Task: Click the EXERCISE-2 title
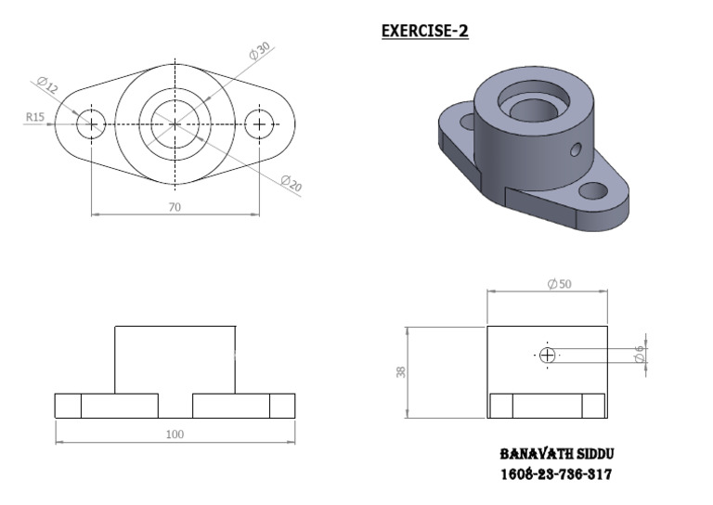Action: point(425,32)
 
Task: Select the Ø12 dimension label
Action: point(47,87)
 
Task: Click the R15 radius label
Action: point(35,117)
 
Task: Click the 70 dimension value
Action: point(174,207)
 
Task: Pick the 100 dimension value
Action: point(175,434)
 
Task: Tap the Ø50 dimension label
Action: point(560,284)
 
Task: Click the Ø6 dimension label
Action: point(639,354)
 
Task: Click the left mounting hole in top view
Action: point(91,123)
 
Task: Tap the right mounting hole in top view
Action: point(259,123)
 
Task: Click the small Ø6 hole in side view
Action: point(547,355)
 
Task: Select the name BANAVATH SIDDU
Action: point(557,455)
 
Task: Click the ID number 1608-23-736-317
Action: point(557,474)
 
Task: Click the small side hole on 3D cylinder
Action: point(577,148)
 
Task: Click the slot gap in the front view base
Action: point(175,406)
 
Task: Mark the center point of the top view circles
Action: point(175,123)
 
